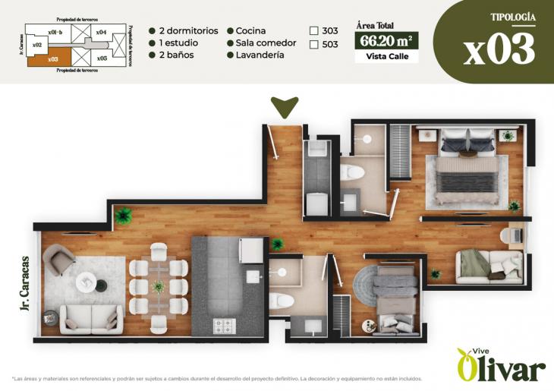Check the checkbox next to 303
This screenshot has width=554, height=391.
[x=314, y=31]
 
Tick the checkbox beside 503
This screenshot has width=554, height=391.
[x=314, y=45]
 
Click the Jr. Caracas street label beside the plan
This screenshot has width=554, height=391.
[x=25, y=283]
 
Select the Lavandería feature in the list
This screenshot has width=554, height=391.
[x=260, y=55]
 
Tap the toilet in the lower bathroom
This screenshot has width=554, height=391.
[x=284, y=299]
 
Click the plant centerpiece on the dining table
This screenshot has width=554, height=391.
[x=158, y=287]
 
